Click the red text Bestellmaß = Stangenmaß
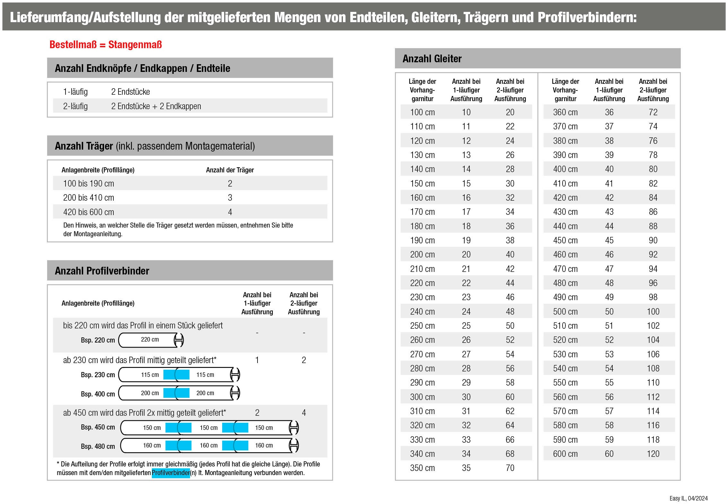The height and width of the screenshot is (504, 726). pyautogui.click(x=105, y=45)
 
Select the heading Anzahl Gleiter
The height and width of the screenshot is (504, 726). pyautogui.click(x=432, y=59)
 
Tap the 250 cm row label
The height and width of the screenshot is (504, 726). pyautogui.click(x=422, y=326)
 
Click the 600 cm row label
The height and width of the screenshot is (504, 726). pyautogui.click(x=565, y=454)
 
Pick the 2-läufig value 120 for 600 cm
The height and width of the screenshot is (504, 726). pyautogui.click(x=653, y=454)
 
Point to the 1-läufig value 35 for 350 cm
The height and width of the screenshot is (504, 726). pyautogui.click(x=466, y=468)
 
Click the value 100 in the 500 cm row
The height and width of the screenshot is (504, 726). pyautogui.click(x=653, y=312)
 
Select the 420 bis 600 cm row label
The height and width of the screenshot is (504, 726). pyautogui.click(x=89, y=212)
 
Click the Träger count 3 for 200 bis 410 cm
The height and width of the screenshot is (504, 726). pyautogui.click(x=230, y=198)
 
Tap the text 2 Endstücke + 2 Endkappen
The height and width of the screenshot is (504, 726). pyautogui.click(x=156, y=106)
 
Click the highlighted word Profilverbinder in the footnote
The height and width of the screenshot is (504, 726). pyautogui.click(x=171, y=473)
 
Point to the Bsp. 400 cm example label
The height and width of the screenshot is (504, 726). pyautogui.click(x=98, y=394)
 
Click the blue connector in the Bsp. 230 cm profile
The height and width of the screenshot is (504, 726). pyautogui.click(x=176, y=375)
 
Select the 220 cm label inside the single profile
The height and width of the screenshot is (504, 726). pyautogui.click(x=150, y=340)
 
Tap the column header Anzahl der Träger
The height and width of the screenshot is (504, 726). pyautogui.click(x=230, y=170)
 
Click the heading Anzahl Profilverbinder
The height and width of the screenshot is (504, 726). pyautogui.click(x=102, y=271)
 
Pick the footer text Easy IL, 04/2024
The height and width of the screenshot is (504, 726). pyautogui.click(x=688, y=498)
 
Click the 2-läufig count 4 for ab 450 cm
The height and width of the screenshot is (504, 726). pyautogui.click(x=304, y=413)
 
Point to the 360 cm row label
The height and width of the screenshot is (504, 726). pyautogui.click(x=565, y=112)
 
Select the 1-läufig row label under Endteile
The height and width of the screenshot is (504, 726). pyautogui.click(x=75, y=92)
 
